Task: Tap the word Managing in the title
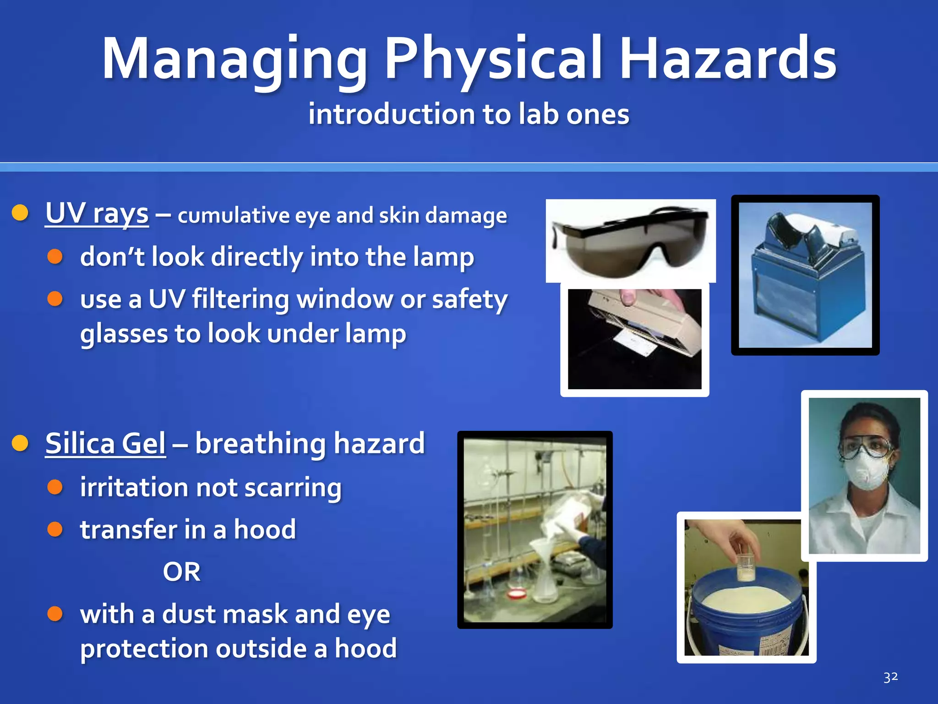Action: click(x=234, y=60)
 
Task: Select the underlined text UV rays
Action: click(x=97, y=214)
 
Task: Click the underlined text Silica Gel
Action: click(x=105, y=444)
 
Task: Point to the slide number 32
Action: click(x=890, y=677)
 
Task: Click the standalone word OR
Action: click(x=181, y=572)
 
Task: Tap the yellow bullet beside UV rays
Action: click(x=20, y=213)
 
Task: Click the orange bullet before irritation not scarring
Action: click(x=55, y=487)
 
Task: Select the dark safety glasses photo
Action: click(x=630, y=241)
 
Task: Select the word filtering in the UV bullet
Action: click(x=240, y=300)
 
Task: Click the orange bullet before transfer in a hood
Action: click(x=55, y=529)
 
